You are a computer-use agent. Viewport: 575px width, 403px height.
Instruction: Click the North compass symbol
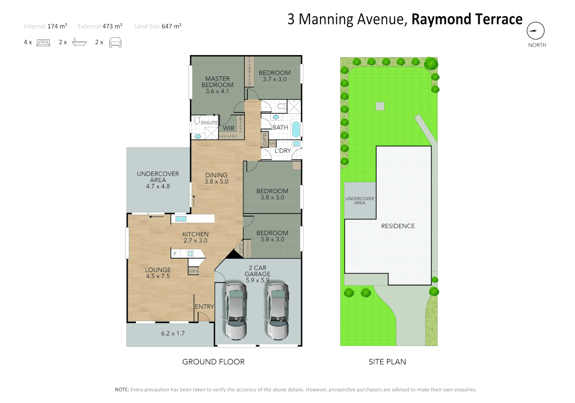[535, 31]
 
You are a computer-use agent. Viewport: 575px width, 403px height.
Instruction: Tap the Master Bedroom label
[217, 82]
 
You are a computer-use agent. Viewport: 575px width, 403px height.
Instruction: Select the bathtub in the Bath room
[296, 129]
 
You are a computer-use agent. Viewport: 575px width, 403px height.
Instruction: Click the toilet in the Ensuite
[197, 120]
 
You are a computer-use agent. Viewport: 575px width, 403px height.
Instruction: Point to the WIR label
[228, 128]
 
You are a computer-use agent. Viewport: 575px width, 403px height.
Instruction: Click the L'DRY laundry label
[283, 151]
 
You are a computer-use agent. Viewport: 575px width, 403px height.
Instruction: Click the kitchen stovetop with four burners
[190, 254]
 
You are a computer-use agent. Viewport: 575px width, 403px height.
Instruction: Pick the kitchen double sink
[181, 219]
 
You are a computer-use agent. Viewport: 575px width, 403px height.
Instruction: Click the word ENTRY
[204, 307]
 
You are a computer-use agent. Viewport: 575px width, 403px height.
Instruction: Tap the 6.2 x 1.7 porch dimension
[173, 334]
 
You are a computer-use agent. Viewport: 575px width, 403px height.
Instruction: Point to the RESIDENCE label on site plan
[398, 226]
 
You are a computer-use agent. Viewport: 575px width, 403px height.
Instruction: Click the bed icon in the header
[43, 43]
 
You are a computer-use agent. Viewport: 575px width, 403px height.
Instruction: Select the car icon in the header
[115, 43]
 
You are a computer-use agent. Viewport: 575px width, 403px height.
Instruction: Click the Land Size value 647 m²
[171, 26]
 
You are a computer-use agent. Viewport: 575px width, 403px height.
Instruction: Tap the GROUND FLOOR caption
[213, 362]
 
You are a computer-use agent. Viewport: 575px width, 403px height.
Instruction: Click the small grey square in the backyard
[380, 106]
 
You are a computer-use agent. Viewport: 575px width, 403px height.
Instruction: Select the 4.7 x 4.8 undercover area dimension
[158, 186]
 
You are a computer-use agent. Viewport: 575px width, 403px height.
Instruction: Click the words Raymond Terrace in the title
[467, 19]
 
